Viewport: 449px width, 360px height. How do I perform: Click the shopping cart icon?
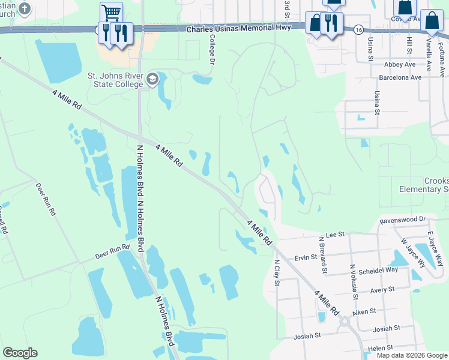[110, 11]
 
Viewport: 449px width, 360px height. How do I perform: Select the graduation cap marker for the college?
[153, 79]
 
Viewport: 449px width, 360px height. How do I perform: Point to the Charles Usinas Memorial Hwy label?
[238, 28]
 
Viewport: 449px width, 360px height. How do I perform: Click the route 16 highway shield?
[358, 29]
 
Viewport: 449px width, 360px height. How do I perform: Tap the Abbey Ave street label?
[402, 64]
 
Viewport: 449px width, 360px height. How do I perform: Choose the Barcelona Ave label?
[400, 77]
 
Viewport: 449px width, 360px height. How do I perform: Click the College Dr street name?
[211, 49]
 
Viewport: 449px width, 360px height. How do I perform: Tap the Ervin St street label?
[306, 257]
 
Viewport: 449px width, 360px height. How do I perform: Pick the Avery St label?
[382, 289]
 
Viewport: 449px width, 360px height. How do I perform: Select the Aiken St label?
[364, 311]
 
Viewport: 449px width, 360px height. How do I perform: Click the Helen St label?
[381, 347]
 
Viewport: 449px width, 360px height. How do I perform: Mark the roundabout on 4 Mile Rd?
[344, 322]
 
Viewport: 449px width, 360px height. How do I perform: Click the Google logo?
[20, 353]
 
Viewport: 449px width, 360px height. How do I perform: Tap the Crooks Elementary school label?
[424, 185]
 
